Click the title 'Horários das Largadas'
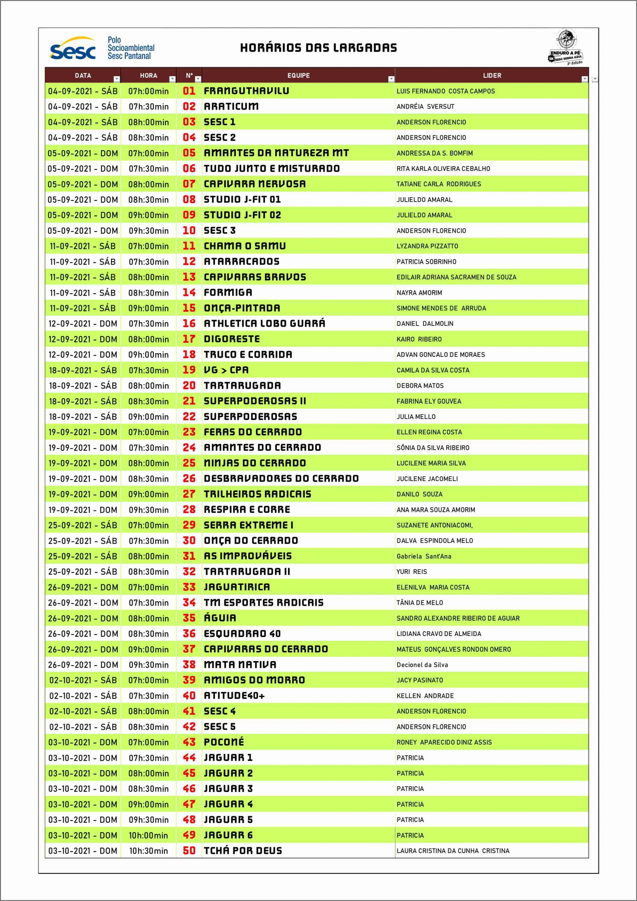318,48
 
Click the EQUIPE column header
298,75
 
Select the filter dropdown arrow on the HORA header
172,79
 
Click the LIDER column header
492,75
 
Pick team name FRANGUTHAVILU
246,91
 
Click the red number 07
189,184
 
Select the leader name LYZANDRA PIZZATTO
427,246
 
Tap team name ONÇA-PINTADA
242,308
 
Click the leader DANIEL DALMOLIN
425,324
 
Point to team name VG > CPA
226,370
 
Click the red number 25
189,463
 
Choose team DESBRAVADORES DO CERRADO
281,479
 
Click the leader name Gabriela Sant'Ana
424,556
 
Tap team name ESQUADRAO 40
242,634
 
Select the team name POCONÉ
224,742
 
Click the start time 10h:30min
148,851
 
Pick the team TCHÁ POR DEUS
243,851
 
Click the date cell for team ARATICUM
83,107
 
